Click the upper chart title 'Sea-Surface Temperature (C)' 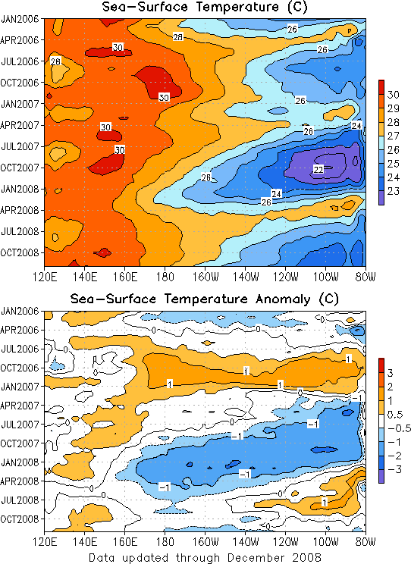[205, 7]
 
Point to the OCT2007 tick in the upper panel [20, 168]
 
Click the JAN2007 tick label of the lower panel [20, 387]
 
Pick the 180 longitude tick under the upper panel [165, 277]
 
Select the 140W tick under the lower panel [246, 541]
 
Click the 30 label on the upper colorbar [394, 95]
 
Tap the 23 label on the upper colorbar [394, 191]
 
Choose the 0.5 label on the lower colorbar [395, 415]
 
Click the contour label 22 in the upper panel [318, 169]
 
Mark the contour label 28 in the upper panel [177, 36]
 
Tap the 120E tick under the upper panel [45, 277]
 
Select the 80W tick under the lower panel [366, 541]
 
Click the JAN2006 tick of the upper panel [20, 19]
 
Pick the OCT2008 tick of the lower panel [20, 519]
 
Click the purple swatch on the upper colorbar [381, 198]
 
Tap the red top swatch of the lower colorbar [381, 365]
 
